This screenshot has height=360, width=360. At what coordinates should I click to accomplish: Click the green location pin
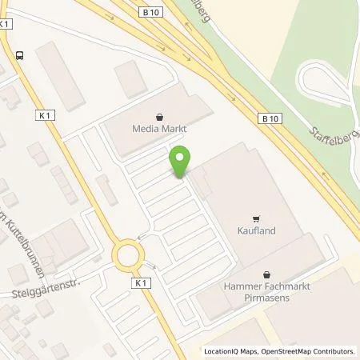tap(181, 161)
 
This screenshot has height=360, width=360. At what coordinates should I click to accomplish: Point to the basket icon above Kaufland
tap(256, 218)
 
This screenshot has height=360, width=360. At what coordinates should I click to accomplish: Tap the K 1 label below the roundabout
tap(142, 282)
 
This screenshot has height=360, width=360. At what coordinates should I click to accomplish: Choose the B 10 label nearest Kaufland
tap(271, 118)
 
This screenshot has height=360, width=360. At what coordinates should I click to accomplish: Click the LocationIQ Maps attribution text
tap(234, 351)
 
